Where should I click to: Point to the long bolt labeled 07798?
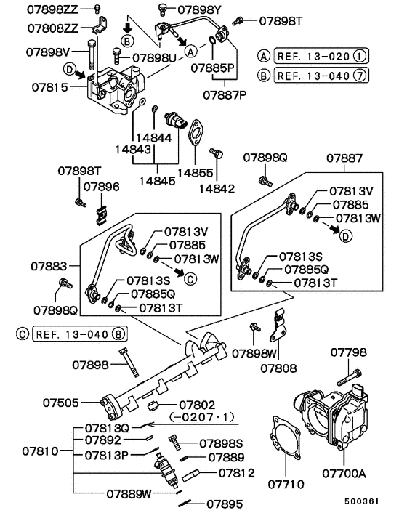click(x=350, y=378)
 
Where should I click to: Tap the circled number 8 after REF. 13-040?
click(x=119, y=334)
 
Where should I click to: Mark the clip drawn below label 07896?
click(x=102, y=214)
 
